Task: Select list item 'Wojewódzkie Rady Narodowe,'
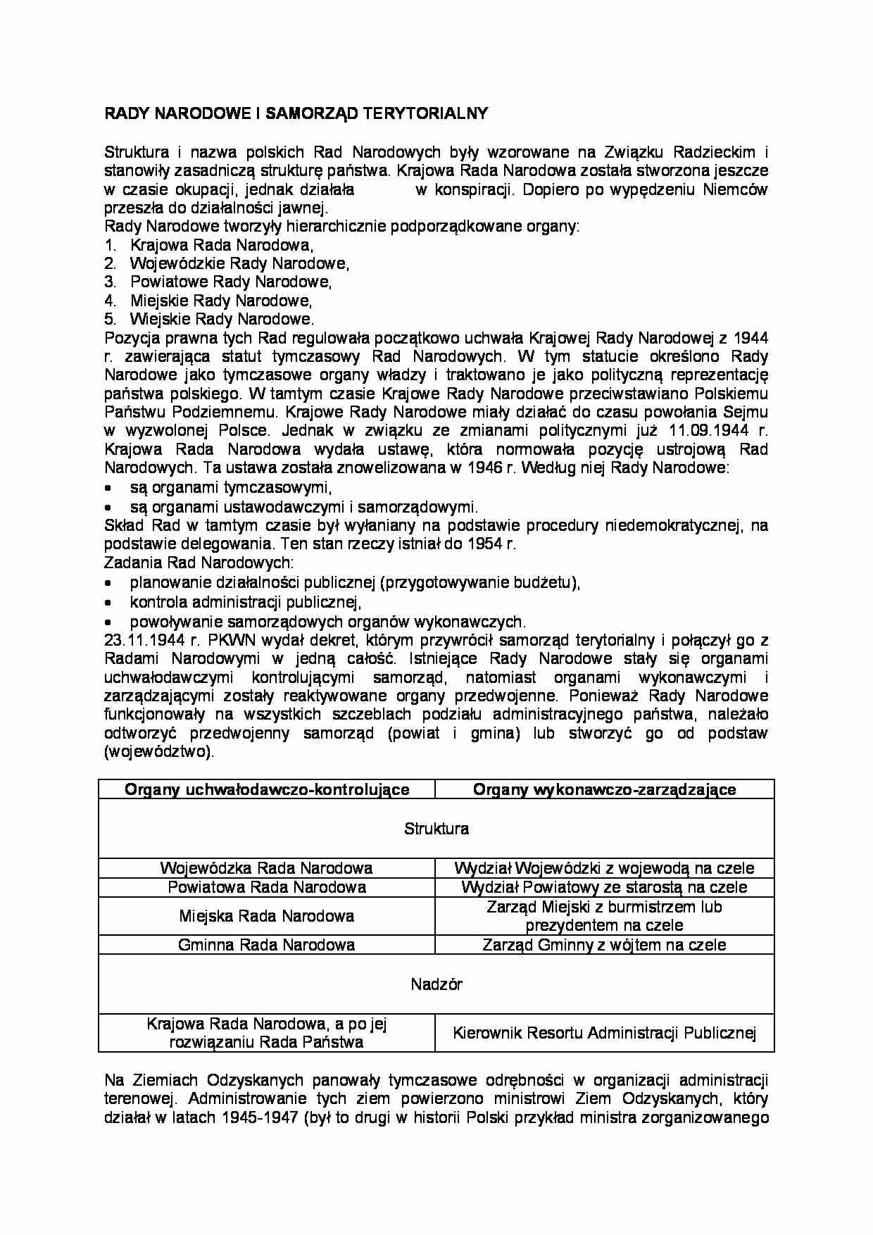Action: (239, 263)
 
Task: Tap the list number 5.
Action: (109, 319)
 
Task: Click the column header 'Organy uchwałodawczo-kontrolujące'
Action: (267, 789)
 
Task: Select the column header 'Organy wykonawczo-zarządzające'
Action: (604, 789)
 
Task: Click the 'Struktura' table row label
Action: (436, 829)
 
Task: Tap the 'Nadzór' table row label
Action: (436, 984)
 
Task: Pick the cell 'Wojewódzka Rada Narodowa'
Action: (266, 868)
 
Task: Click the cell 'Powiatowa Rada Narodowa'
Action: (266, 887)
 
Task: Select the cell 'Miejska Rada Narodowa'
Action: (266, 916)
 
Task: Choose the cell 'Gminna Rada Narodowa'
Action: (266, 945)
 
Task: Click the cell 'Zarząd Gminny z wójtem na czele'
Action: (604, 945)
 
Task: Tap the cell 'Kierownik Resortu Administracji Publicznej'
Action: (604, 1033)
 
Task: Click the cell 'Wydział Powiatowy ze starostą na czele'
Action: (604, 887)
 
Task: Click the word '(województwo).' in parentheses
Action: (158, 751)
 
